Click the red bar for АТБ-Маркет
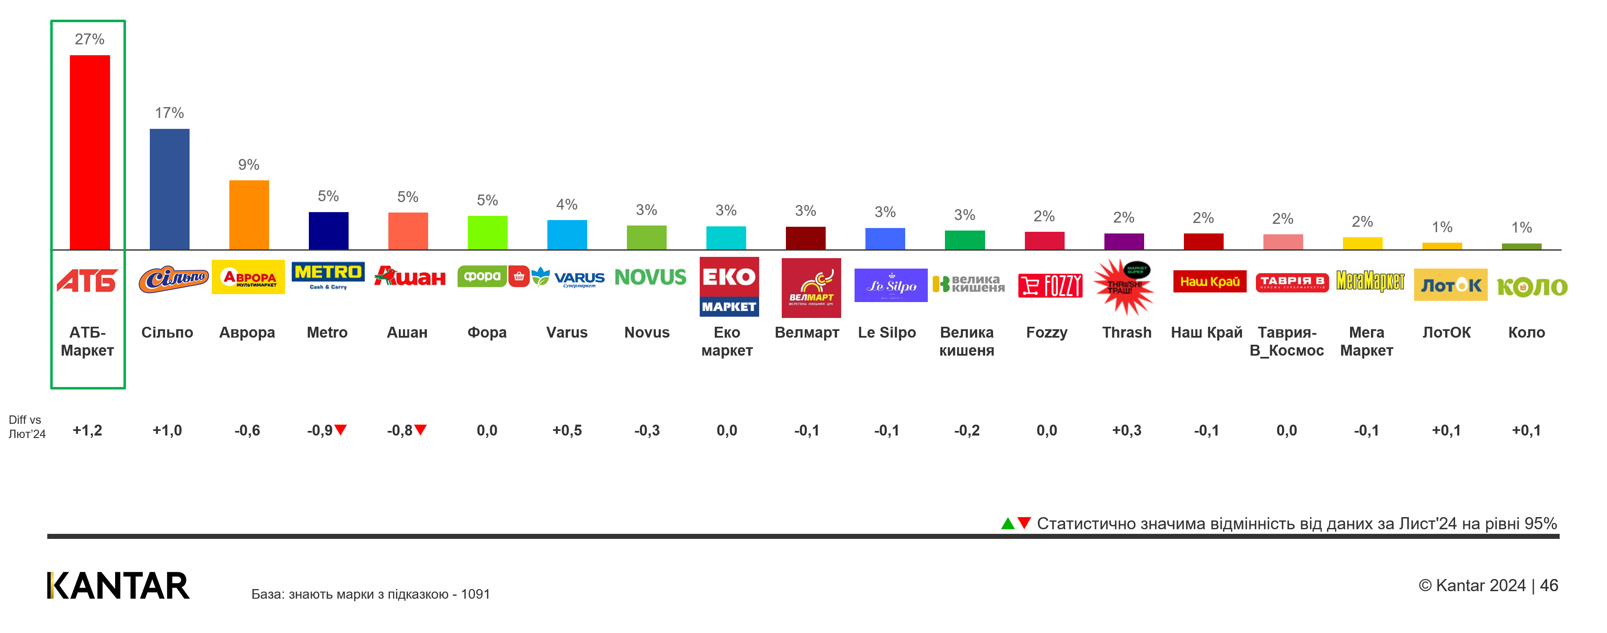(90, 152)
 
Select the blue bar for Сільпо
(169, 189)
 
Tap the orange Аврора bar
(249, 215)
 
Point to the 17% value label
(169, 113)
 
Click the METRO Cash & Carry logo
(328, 276)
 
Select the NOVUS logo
(650, 277)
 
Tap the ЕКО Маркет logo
(729, 287)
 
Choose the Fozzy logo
(1050, 286)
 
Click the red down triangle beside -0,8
(421, 430)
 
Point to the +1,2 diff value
(87, 431)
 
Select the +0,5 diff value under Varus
(567, 431)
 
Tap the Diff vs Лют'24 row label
(27, 427)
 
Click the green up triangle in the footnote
(1007, 523)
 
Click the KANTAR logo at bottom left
(118, 586)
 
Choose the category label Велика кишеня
(966, 341)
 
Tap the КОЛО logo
(1532, 287)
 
